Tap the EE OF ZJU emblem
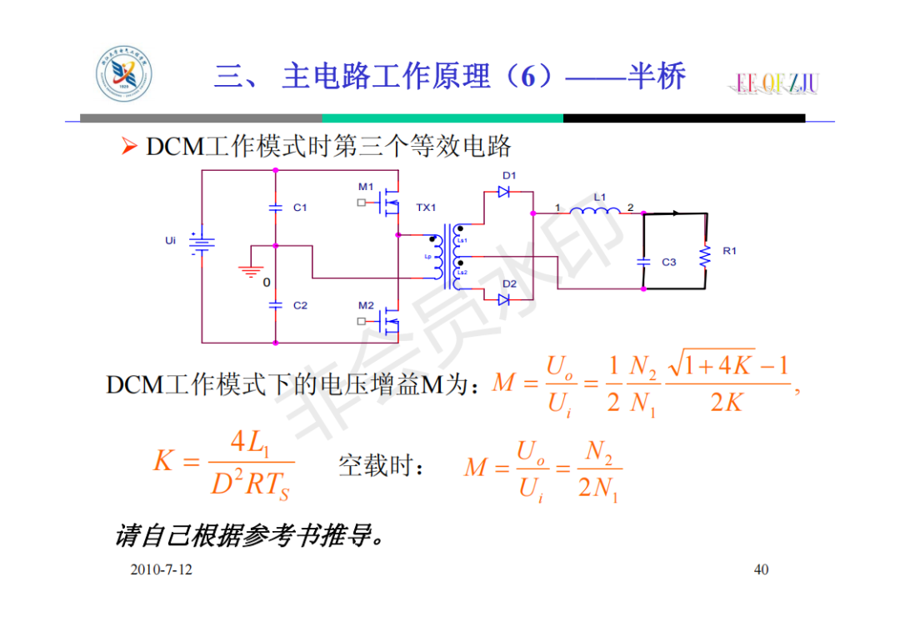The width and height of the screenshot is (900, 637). [777, 83]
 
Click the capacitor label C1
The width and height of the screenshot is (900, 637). [301, 208]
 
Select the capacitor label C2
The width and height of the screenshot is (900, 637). [301, 306]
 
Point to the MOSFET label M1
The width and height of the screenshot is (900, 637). [366, 186]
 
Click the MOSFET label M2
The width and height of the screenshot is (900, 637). [366, 305]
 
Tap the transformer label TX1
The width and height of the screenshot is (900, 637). [426, 207]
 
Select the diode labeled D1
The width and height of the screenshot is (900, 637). [504, 192]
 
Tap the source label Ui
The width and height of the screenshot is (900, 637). [171, 241]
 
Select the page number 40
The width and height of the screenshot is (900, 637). [761, 569]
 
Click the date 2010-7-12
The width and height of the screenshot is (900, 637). [161, 569]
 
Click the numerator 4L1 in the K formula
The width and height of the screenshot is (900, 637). [250, 443]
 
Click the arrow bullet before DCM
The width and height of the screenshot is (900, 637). [127, 148]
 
